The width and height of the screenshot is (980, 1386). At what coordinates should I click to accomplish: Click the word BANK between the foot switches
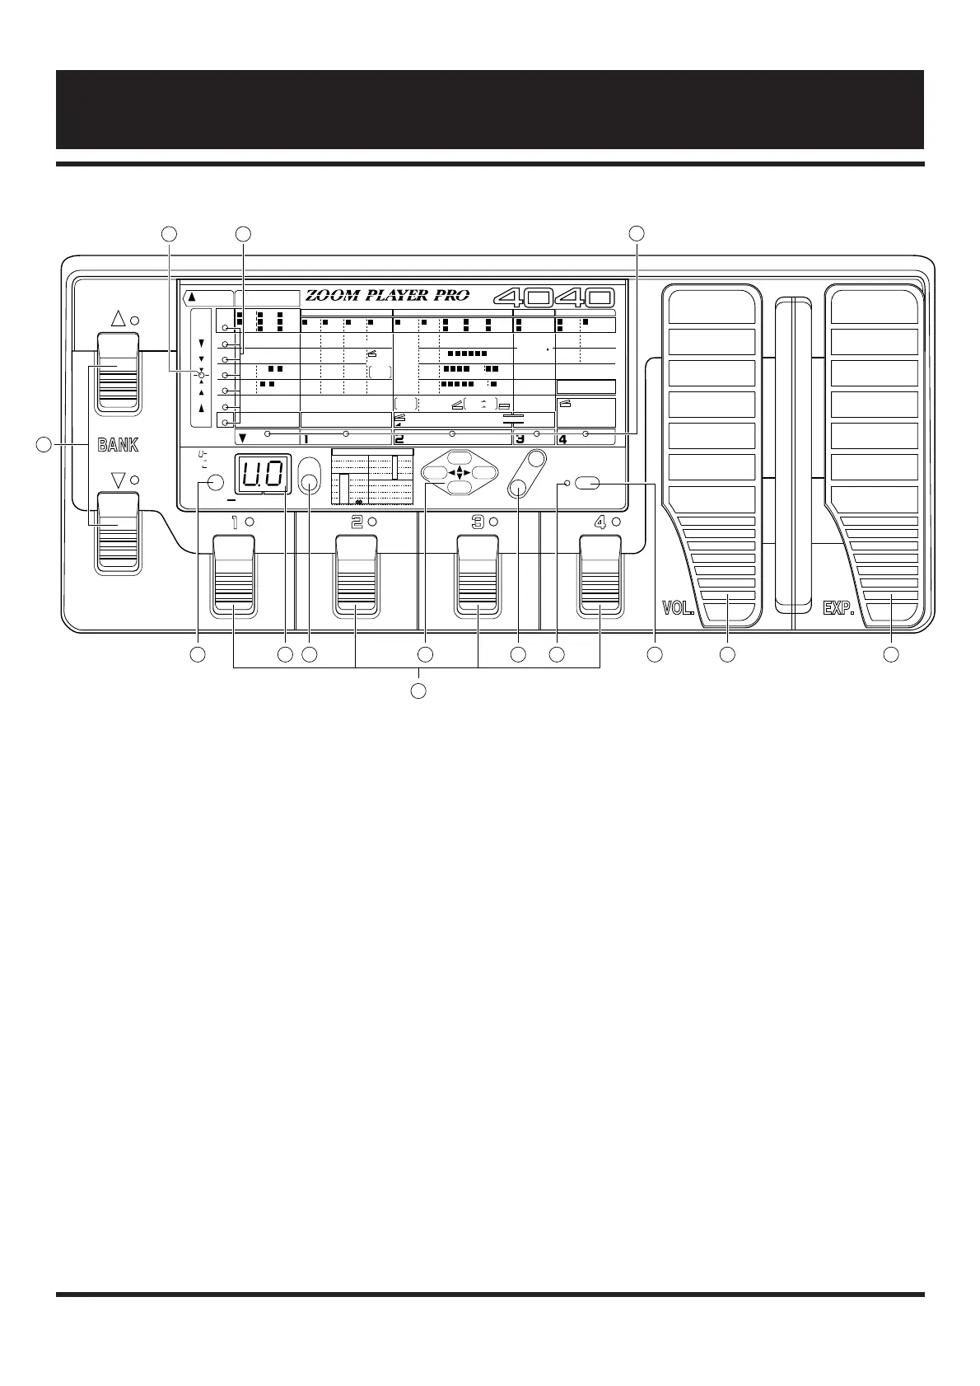[x=119, y=445]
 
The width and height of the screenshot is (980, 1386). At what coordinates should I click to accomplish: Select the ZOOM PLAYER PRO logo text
[x=387, y=297]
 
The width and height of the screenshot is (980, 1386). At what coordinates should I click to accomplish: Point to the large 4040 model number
[x=554, y=297]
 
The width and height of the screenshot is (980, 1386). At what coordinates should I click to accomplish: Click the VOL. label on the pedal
[x=679, y=609]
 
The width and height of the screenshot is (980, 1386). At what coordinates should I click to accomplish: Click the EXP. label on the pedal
[x=839, y=609]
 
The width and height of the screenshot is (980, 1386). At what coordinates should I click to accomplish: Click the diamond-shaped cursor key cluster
[x=459, y=473]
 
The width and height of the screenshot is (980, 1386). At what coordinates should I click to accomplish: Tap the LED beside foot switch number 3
[x=494, y=522]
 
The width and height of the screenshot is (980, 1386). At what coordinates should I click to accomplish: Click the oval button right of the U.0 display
[x=310, y=475]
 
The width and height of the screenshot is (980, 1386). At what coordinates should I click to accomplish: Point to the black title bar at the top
[x=489, y=109]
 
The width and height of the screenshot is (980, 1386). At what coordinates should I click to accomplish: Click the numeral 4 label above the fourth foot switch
[x=600, y=522]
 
